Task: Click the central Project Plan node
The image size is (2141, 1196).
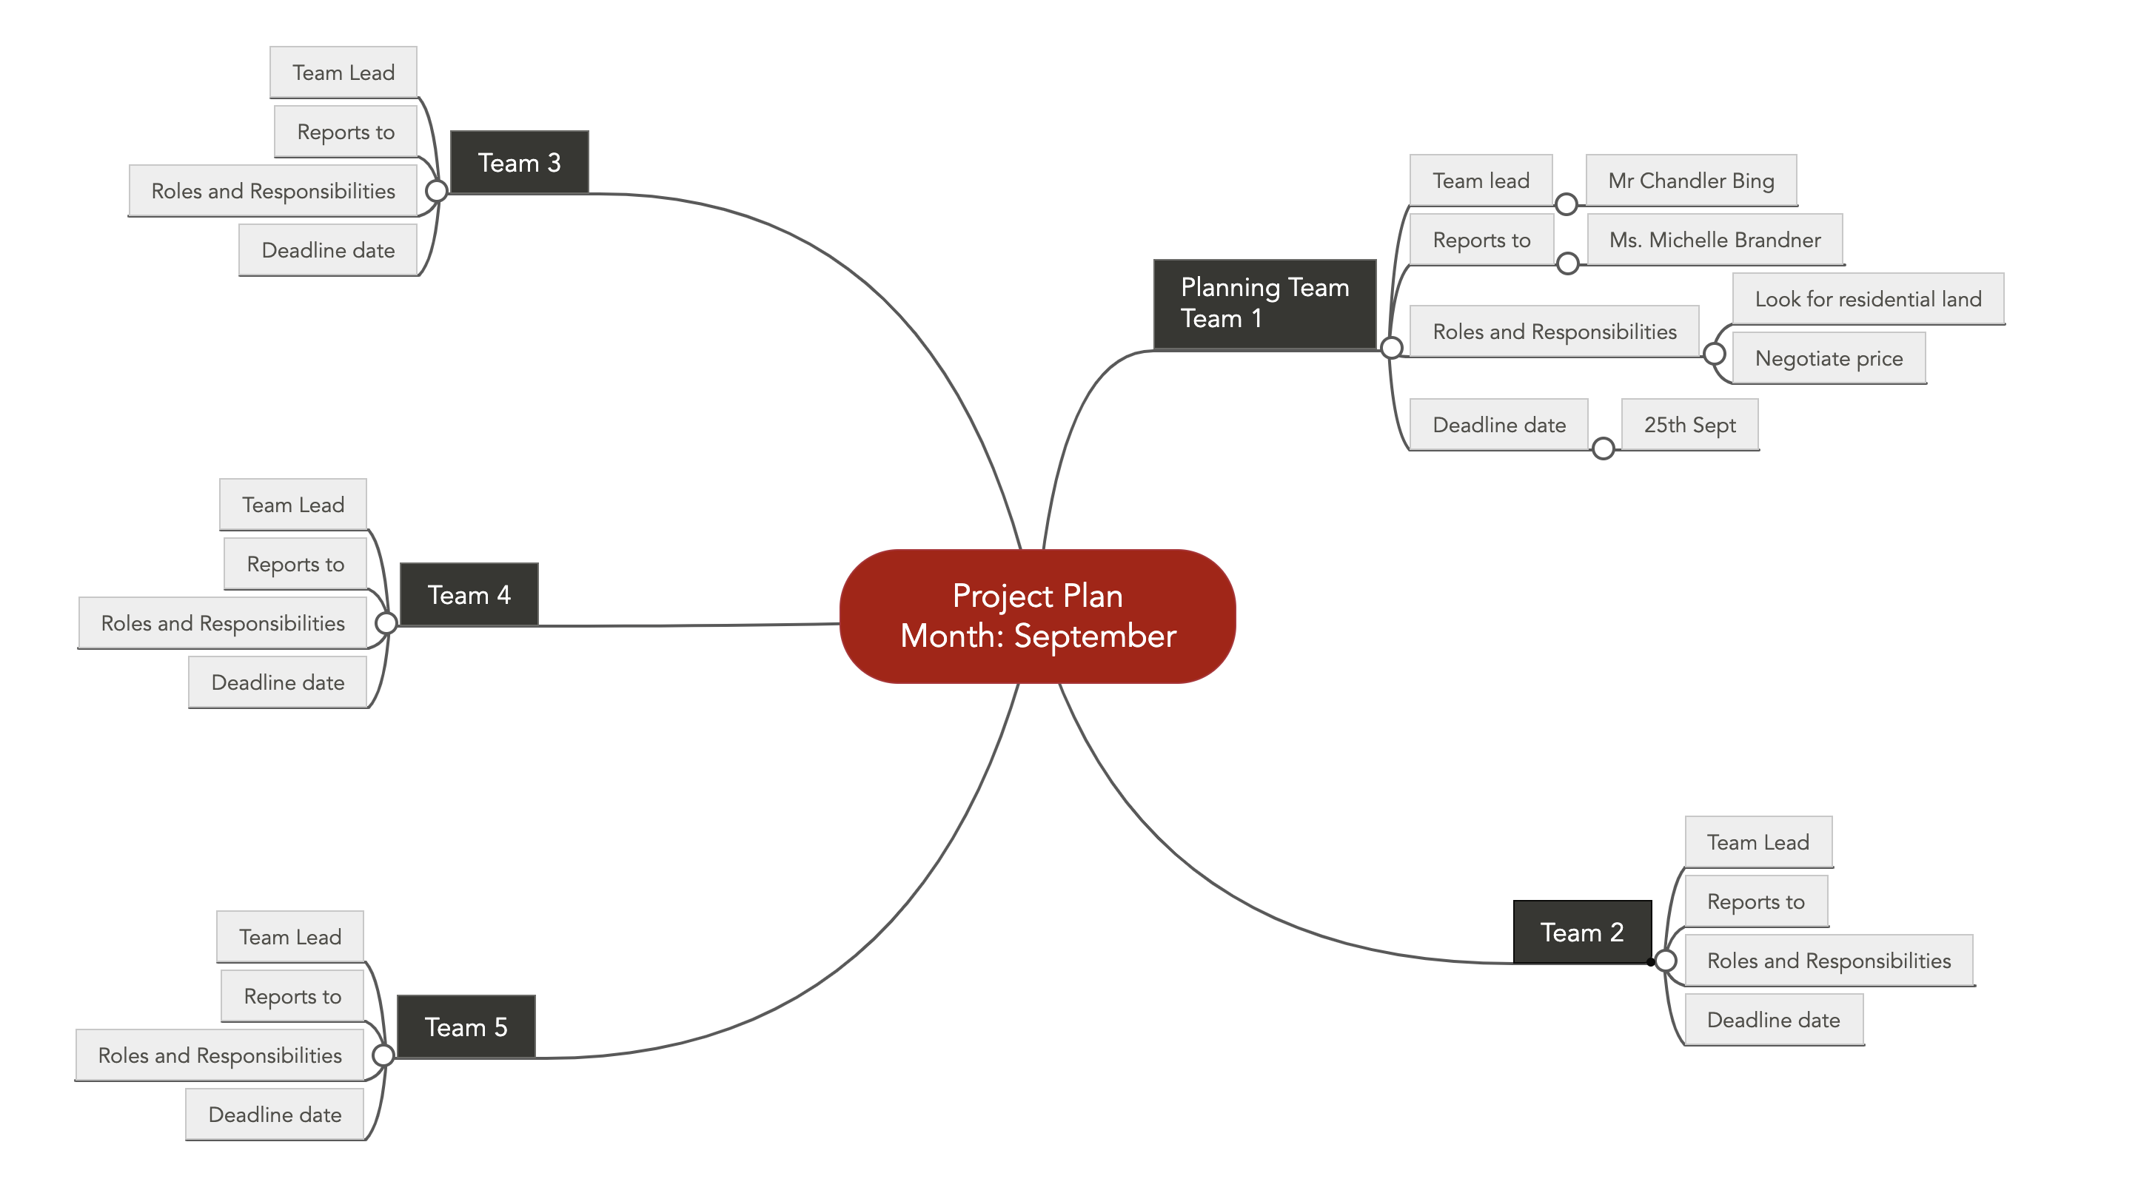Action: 1037,616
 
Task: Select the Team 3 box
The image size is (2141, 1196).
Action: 520,162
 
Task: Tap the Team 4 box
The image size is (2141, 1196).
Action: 469,594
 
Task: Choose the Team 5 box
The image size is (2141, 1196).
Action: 466,1027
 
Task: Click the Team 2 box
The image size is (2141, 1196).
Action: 1583,932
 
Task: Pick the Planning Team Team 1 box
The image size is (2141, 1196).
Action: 1265,303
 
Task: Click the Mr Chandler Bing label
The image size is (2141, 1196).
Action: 1692,181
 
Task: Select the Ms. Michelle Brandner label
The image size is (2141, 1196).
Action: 1715,239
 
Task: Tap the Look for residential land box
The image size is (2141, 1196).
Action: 1869,298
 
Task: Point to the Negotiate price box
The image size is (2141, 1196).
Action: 1829,358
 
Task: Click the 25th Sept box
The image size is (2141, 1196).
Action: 1689,425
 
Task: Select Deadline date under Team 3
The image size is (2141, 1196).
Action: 327,250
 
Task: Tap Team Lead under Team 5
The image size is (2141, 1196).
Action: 290,937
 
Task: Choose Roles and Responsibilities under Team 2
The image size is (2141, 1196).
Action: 1829,961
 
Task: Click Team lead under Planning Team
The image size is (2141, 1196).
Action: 1481,181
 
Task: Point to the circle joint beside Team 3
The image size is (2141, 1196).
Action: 436,191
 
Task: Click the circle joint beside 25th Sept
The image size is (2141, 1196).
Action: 1604,448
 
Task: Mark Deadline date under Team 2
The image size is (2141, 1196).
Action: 1774,1020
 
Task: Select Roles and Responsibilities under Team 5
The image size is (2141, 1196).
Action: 219,1055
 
